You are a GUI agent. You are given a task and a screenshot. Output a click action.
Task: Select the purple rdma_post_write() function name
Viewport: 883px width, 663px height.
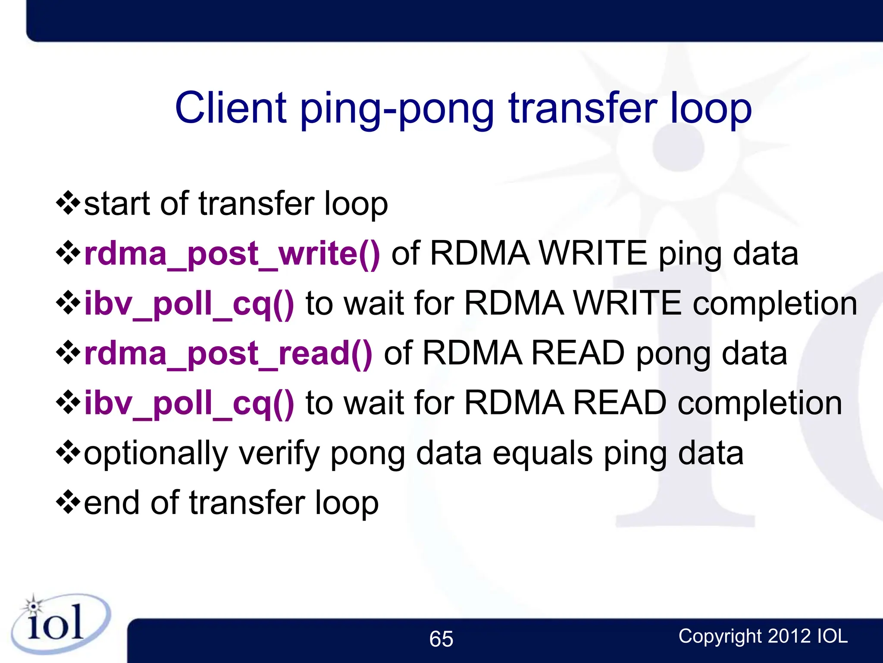(x=232, y=254)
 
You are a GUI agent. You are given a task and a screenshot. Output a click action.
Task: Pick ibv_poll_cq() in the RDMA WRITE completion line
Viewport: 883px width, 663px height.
(x=189, y=304)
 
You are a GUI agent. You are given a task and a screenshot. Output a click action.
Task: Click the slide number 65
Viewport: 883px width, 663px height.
(x=441, y=639)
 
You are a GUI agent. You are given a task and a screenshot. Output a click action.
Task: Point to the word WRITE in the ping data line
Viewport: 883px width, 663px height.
(x=593, y=254)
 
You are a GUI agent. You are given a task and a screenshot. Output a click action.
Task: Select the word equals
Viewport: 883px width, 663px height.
(x=543, y=453)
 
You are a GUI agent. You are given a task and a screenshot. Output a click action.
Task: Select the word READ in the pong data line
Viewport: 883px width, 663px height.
(x=578, y=354)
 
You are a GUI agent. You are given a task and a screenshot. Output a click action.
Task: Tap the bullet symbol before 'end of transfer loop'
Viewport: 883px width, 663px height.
(x=68, y=502)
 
